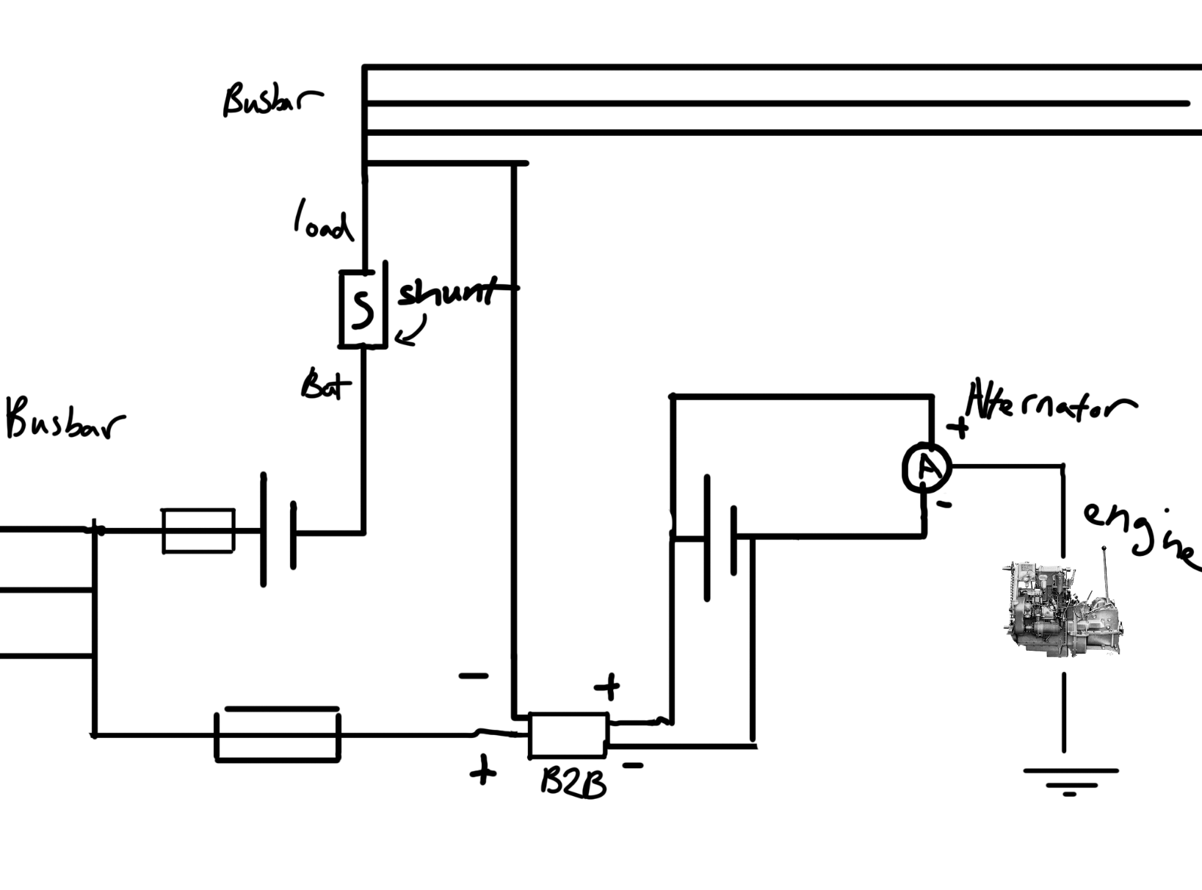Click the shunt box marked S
pyautogui.click(x=362, y=308)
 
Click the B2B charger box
pyautogui.click(x=568, y=734)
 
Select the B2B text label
pyautogui.click(x=573, y=784)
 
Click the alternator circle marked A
pyautogui.click(x=927, y=468)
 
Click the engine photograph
pyautogui.click(x=1060, y=608)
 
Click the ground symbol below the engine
pyautogui.click(x=1070, y=781)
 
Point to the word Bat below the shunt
pyautogui.click(x=325, y=385)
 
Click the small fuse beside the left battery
pyautogui.click(x=198, y=530)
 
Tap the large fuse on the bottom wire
pyautogui.click(x=278, y=734)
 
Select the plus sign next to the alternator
pyautogui.click(x=957, y=427)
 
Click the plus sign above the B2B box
pyautogui.click(x=607, y=687)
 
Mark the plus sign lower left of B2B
pyautogui.click(x=482, y=772)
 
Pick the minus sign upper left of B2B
pyautogui.click(x=473, y=676)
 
